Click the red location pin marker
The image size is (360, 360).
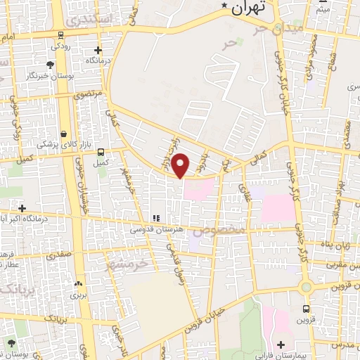pos(181,165)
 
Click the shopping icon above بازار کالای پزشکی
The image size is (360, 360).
pos(64,134)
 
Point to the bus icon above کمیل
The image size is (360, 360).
pos(101,152)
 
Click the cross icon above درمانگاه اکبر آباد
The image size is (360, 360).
pos(22,208)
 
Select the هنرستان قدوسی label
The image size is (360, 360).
pos(155,229)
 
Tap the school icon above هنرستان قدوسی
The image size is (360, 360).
pos(156,219)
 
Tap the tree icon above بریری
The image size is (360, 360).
pos(78,284)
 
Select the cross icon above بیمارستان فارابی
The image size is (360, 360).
pos(281,344)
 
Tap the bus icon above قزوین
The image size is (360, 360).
pos(307,309)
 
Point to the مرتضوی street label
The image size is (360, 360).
pos(89,92)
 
